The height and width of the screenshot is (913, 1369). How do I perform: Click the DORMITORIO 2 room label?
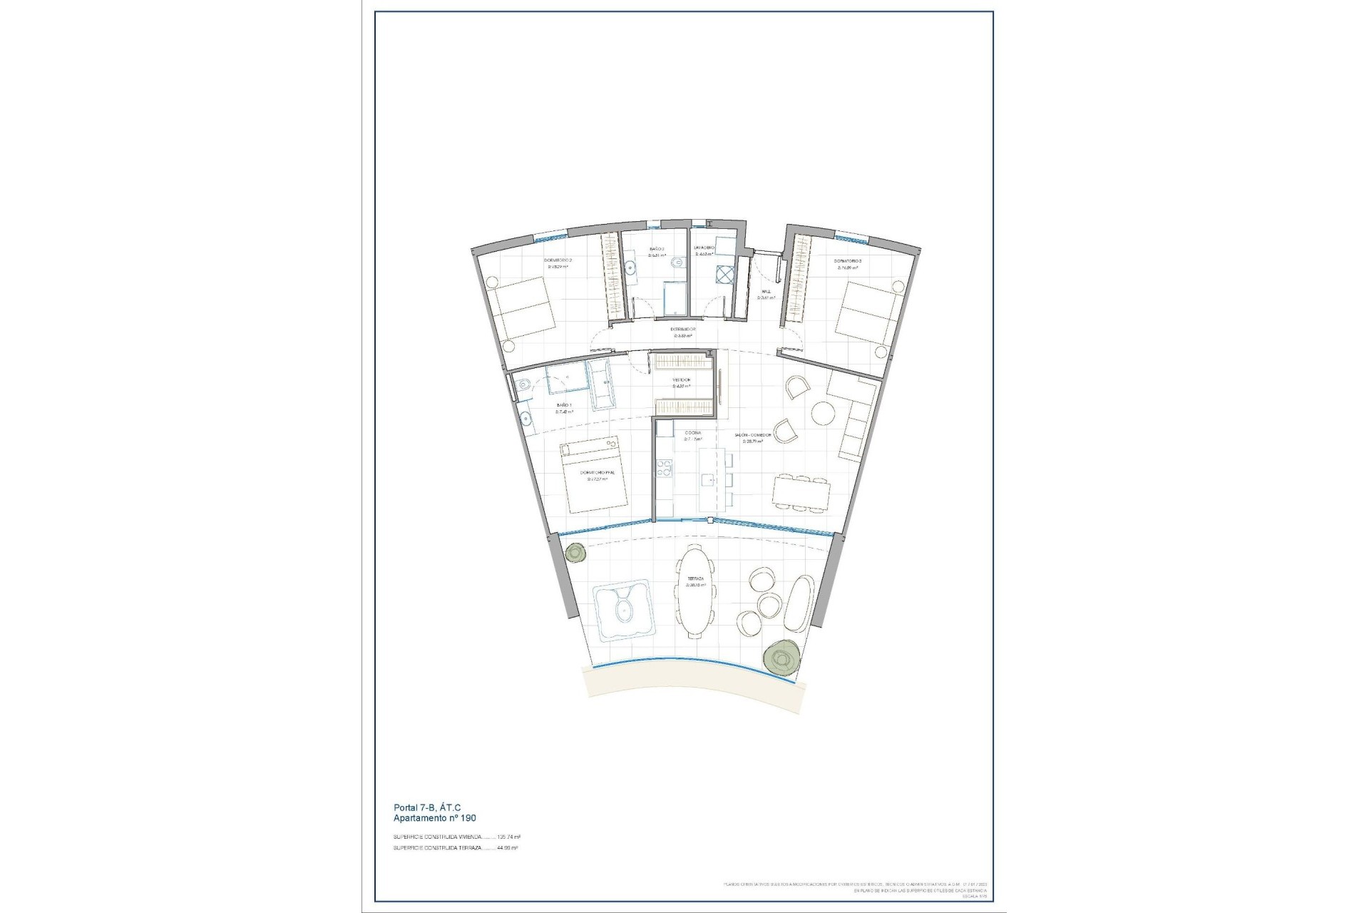(x=558, y=260)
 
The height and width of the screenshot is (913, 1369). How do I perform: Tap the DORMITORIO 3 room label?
(x=848, y=261)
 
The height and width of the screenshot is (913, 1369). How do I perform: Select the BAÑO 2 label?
(x=657, y=249)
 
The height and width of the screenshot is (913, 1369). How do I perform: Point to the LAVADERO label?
(x=704, y=248)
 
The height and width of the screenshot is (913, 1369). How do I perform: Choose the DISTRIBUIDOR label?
(x=683, y=330)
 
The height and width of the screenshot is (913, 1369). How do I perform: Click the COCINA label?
(x=692, y=433)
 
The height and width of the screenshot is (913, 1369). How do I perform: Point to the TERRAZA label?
(x=695, y=579)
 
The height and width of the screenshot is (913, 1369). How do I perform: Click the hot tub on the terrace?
(x=624, y=610)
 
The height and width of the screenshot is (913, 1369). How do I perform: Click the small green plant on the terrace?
(x=575, y=551)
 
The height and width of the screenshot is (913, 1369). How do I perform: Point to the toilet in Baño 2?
(x=674, y=265)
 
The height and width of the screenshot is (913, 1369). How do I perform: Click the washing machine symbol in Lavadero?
(x=724, y=275)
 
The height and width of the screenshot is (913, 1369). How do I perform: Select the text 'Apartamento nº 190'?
(x=434, y=819)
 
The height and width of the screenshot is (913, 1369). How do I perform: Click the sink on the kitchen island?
(x=707, y=479)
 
